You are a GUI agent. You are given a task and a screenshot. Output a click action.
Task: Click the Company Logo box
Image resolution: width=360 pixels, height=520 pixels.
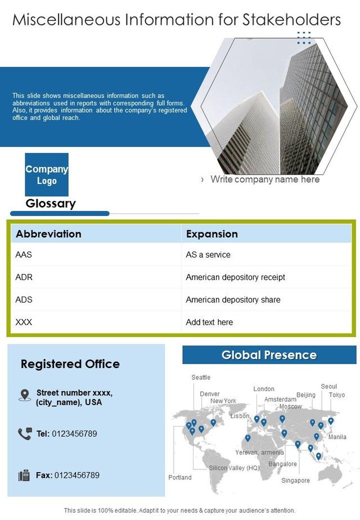(x=47, y=174)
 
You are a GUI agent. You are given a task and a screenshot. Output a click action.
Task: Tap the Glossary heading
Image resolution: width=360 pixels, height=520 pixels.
(x=51, y=204)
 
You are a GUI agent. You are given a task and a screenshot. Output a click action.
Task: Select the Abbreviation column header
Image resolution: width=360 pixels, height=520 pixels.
(x=49, y=234)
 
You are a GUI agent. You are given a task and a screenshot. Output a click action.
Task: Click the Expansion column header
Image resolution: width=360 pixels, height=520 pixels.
(x=212, y=234)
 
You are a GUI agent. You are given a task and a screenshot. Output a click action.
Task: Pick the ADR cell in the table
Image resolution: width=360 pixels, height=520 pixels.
(x=24, y=277)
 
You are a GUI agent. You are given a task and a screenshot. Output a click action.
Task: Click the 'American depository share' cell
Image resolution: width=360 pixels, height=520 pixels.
(x=233, y=300)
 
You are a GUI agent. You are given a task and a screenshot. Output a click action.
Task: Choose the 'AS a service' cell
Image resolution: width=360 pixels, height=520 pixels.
(x=208, y=255)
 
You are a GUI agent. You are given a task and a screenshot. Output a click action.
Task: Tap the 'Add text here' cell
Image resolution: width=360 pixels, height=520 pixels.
(x=209, y=322)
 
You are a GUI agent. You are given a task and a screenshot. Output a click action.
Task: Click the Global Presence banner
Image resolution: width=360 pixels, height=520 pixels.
(x=269, y=355)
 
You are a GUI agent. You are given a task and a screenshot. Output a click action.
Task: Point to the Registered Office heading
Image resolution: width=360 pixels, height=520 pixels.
(x=70, y=364)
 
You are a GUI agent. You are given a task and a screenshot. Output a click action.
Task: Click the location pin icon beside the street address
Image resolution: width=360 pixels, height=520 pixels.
(x=25, y=395)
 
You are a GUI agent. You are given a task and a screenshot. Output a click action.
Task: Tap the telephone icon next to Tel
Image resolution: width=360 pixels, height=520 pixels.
(x=25, y=433)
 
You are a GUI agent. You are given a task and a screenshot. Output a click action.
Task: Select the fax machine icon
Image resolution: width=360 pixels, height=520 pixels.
(x=24, y=476)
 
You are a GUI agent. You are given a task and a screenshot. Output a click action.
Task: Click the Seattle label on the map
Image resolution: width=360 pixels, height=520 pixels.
(x=201, y=378)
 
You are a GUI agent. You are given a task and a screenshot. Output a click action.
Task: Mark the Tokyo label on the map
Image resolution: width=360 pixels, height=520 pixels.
(x=337, y=395)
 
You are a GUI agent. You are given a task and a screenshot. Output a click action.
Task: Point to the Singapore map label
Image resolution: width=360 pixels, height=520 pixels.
(x=296, y=481)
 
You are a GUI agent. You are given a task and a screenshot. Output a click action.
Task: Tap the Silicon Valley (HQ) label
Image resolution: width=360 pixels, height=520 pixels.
(x=234, y=468)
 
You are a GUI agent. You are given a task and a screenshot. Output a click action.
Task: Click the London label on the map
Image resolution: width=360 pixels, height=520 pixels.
(x=264, y=389)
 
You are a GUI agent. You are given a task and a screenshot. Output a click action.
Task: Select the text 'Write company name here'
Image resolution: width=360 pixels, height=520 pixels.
(x=265, y=180)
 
